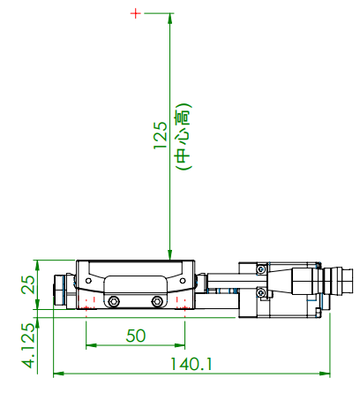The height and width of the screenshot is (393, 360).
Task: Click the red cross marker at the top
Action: [x=135, y=14]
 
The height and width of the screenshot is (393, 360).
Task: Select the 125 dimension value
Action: [x=160, y=137]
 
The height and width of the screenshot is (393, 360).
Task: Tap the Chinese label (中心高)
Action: [x=183, y=137]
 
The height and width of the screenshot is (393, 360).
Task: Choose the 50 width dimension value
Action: [x=135, y=336]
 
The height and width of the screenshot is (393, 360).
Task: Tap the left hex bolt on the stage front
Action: [x=112, y=302]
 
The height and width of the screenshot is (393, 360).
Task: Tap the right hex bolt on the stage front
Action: [x=157, y=302]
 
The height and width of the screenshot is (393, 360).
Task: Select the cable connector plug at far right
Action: [x=341, y=285]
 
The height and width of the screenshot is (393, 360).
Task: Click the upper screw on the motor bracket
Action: [x=260, y=268]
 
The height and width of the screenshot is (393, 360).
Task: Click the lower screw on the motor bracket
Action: [x=260, y=292]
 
